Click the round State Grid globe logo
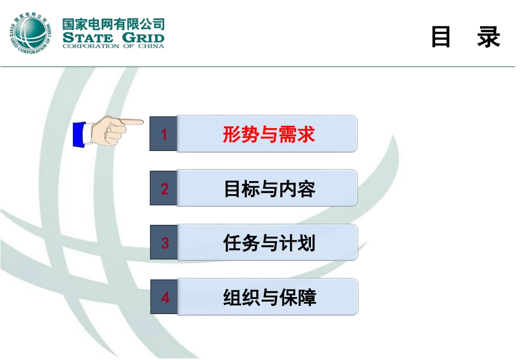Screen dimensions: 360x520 pyautogui.click(x=31, y=33)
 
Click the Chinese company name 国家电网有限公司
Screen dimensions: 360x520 pyautogui.click(x=113, y=24)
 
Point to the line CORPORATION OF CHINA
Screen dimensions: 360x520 pyautogui.click(x=113, y=47)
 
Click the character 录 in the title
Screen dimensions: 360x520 pyautogui.click(x=488, y=37)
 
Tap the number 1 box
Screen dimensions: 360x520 pyautogui.click(x=164, y=134)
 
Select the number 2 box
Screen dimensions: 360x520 pyautogui.click(x=164, y=189)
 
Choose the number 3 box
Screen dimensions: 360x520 pyautogui.click(x=164, y=243)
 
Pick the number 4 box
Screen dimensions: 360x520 pyautogui.click(x=164, y=298)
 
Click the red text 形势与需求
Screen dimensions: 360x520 pyautogui.click(x=269, y=134)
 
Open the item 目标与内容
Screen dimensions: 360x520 pyautogui.click(x=269, y=189)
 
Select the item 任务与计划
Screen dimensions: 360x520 pyautogui.click(x=269, y=243)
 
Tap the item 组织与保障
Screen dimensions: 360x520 pyautogui.click(x=269, y=298)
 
